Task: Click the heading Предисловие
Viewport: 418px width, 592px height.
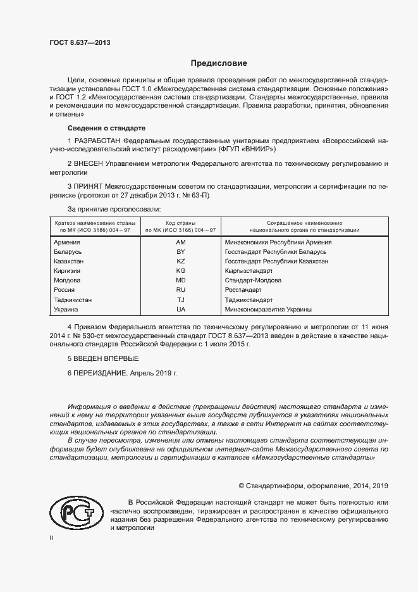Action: [219, 63]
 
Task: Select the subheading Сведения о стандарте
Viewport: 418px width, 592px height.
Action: [97, 127]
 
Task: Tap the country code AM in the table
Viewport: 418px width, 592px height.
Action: [181, 242]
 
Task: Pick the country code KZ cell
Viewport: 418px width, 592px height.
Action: [181, 261]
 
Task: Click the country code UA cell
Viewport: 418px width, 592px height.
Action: [181, 309]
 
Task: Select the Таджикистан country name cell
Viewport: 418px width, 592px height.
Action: [73, 299]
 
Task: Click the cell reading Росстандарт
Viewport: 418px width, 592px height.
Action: [243, 290]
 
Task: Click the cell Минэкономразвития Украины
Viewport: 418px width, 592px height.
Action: [268, 309]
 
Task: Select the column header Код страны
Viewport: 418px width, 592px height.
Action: [181, 224]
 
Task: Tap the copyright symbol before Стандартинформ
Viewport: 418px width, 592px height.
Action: [241, 486]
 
